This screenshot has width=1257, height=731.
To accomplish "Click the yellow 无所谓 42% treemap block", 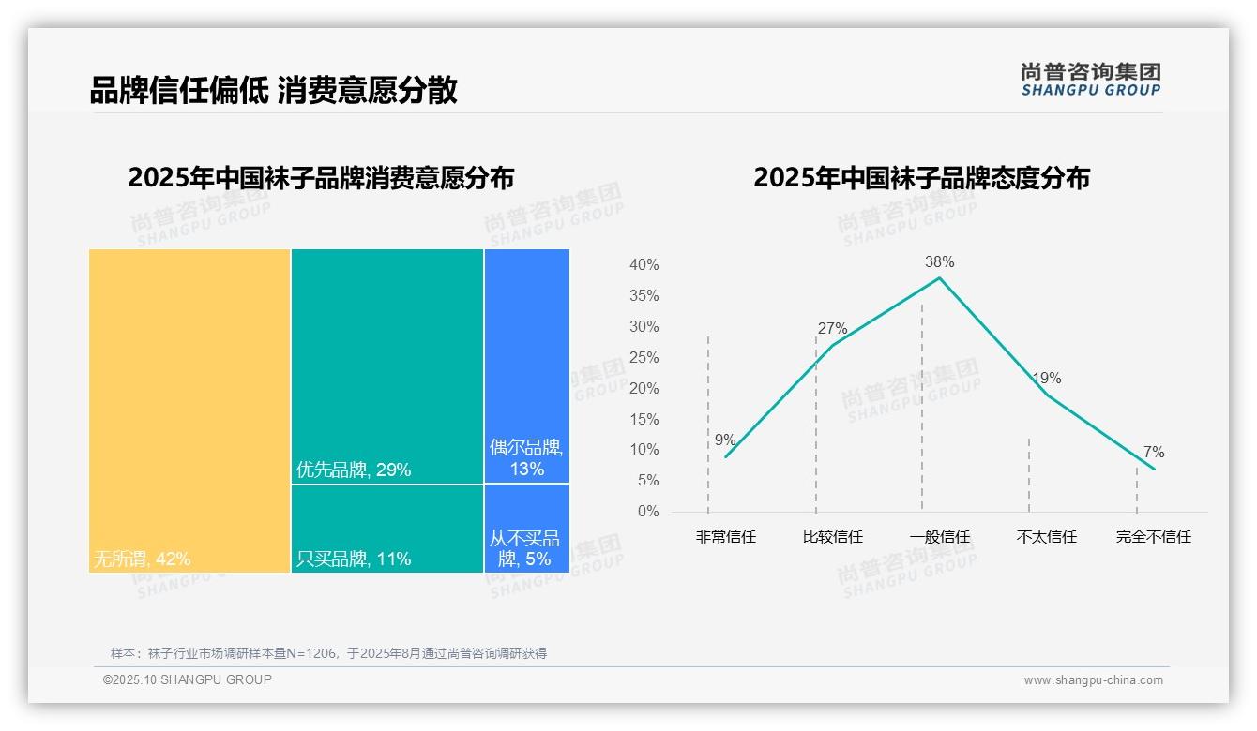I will [189, 410].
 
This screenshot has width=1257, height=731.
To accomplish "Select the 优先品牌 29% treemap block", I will [387, 365].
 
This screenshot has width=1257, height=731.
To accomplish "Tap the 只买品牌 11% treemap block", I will [387, 529].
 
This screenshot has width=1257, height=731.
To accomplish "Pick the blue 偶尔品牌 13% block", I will [527, 365].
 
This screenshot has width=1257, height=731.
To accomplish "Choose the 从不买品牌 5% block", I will [527, 529].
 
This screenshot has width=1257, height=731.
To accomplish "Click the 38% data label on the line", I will [939, 261].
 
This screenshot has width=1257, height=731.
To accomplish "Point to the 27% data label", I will [832, 328].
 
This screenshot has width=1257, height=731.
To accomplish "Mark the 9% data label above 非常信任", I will [725, 440].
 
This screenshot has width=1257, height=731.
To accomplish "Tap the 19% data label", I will [1046, 378].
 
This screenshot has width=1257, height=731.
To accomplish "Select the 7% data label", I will [1154, 453].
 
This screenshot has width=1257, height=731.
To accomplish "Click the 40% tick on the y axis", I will [644, 265].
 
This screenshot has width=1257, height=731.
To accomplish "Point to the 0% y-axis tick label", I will [648, 512].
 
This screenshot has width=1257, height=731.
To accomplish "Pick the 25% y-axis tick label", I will [644, 358].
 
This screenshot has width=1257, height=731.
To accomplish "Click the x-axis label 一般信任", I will [940, 537].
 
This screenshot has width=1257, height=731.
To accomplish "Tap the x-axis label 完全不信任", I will [1154, 537].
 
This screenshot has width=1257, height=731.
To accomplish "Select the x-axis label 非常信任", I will [725, 537].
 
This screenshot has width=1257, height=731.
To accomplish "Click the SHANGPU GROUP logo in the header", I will [1091, 80].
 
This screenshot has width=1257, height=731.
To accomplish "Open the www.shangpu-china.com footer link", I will [1093, 680].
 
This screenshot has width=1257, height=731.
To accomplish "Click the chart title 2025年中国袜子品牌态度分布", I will [921, 178].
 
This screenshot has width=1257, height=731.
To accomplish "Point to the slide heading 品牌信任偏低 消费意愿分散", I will [273, 90].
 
